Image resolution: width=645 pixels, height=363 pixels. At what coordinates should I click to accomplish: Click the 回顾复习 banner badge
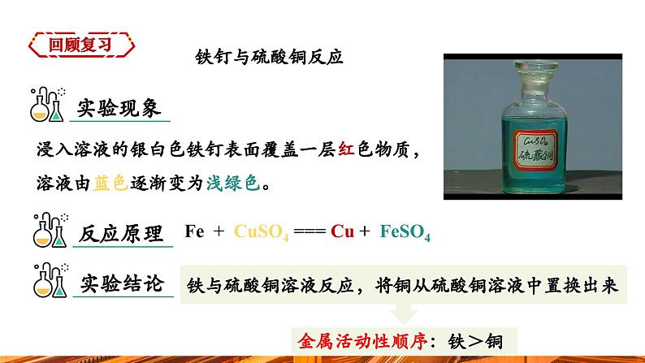79,44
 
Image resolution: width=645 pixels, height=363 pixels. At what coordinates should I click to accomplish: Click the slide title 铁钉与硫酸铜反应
270,58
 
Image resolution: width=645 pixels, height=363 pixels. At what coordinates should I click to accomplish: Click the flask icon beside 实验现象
47,103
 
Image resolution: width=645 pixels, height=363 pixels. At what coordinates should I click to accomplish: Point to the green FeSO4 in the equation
404,232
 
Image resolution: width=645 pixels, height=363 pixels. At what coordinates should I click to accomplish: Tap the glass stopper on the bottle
530,69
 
